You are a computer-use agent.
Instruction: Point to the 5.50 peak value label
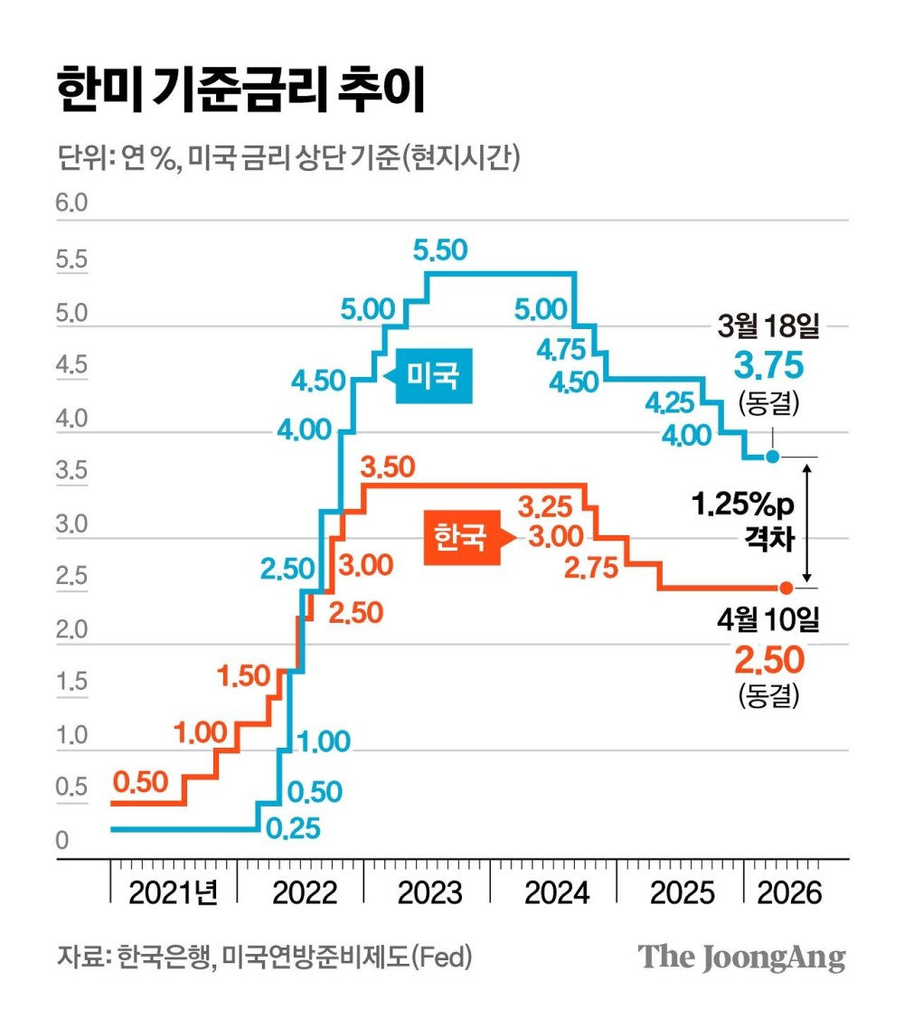tap(440, 250)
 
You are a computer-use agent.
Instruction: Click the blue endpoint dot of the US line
tap(772, 457)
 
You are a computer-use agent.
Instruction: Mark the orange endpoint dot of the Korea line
tap(786, 588)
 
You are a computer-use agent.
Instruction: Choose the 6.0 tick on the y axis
tap(72, 203)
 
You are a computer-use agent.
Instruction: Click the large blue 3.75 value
tap(767, 366)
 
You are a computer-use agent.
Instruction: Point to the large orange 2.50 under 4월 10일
tap(767, 661)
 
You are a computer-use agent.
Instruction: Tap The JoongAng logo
tap(742, 957)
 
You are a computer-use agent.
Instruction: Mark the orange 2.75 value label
tap(590, 568)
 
